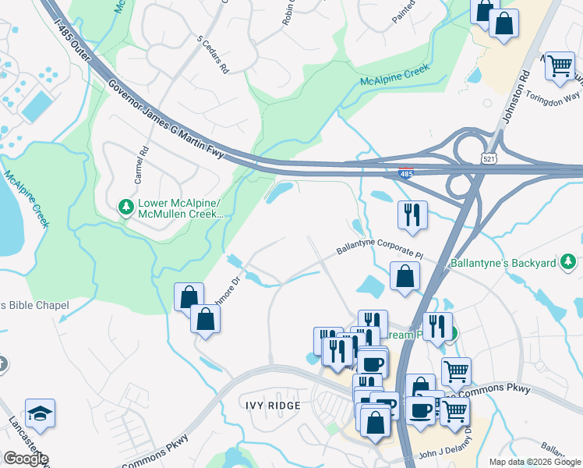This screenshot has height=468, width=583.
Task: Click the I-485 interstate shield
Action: pos(406,174)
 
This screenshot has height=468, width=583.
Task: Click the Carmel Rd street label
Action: pos(140,166)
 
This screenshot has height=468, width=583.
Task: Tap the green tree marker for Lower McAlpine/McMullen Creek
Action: pos(125,207)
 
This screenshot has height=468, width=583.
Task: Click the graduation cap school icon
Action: pos(40,411)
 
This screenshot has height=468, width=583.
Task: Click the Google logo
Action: pos(26,459)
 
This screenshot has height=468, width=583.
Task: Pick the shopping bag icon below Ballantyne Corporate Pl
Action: pos(405,275)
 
